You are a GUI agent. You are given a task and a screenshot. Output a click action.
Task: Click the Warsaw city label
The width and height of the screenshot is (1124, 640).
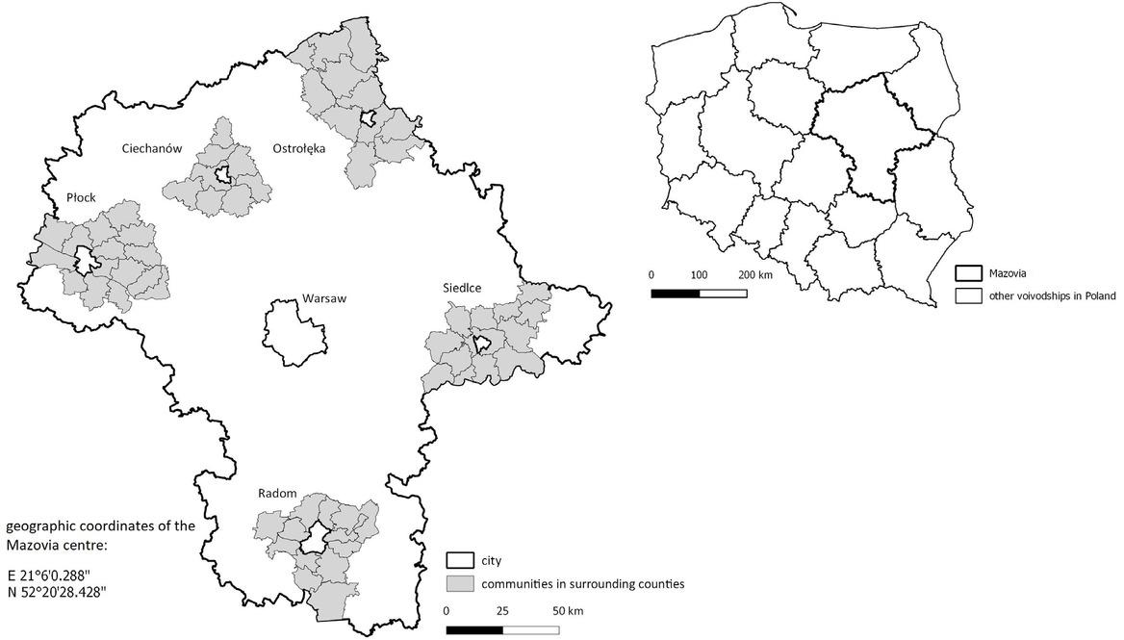click(x=323, y=298)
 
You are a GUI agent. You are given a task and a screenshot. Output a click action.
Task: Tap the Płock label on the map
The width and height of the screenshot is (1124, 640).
click(x=81, y=197)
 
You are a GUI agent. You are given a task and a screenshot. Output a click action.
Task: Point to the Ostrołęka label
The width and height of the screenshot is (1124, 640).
click(x=299, y=148)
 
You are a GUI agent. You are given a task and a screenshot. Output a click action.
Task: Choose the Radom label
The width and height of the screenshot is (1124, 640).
click(x=276, y=493)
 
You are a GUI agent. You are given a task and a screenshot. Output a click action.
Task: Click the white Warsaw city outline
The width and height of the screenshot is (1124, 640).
click(x=294, y=333)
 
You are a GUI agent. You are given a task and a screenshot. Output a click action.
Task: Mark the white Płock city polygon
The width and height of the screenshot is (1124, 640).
click(x=86, y=260)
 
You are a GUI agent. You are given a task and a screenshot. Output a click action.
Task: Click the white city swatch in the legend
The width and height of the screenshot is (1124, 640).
click(x=460, y=560)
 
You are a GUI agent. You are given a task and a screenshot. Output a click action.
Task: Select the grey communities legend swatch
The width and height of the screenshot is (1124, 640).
click(x=460, y=583)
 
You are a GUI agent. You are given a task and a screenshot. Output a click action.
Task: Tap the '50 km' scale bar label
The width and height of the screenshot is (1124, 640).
click(x=567, y=611)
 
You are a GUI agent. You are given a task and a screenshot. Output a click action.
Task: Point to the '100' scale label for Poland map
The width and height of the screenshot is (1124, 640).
click(x=700, y=274)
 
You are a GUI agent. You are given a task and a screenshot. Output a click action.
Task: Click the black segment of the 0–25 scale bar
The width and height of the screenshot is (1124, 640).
click(x=474, y=630)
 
